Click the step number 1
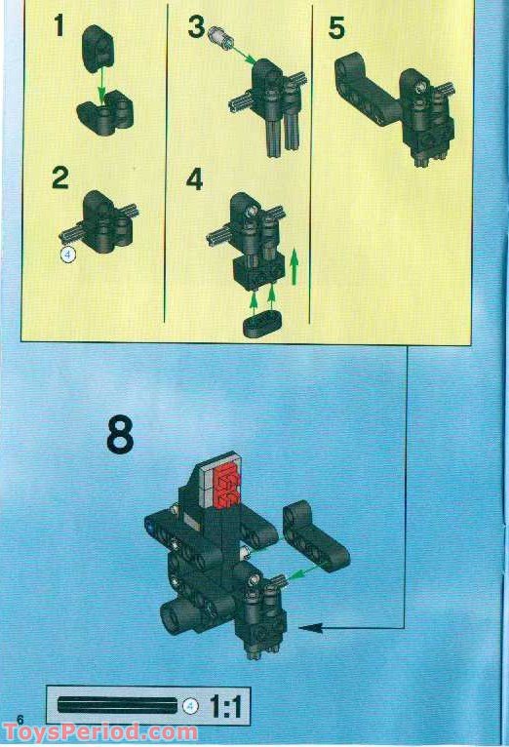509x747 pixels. tap(59, 25)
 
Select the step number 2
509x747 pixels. tap(60, 178)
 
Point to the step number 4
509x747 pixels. tap(195, 180)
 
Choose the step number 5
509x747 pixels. tap(336, 28)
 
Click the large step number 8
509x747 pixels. tap(119, 436)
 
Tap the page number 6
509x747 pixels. tap(19, 720)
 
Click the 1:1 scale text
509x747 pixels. tap(225, 706)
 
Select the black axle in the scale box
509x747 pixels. tap(117, 705)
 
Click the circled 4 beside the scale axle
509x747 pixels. tap(190, 706)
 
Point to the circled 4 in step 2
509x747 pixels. tap(67, 255)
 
